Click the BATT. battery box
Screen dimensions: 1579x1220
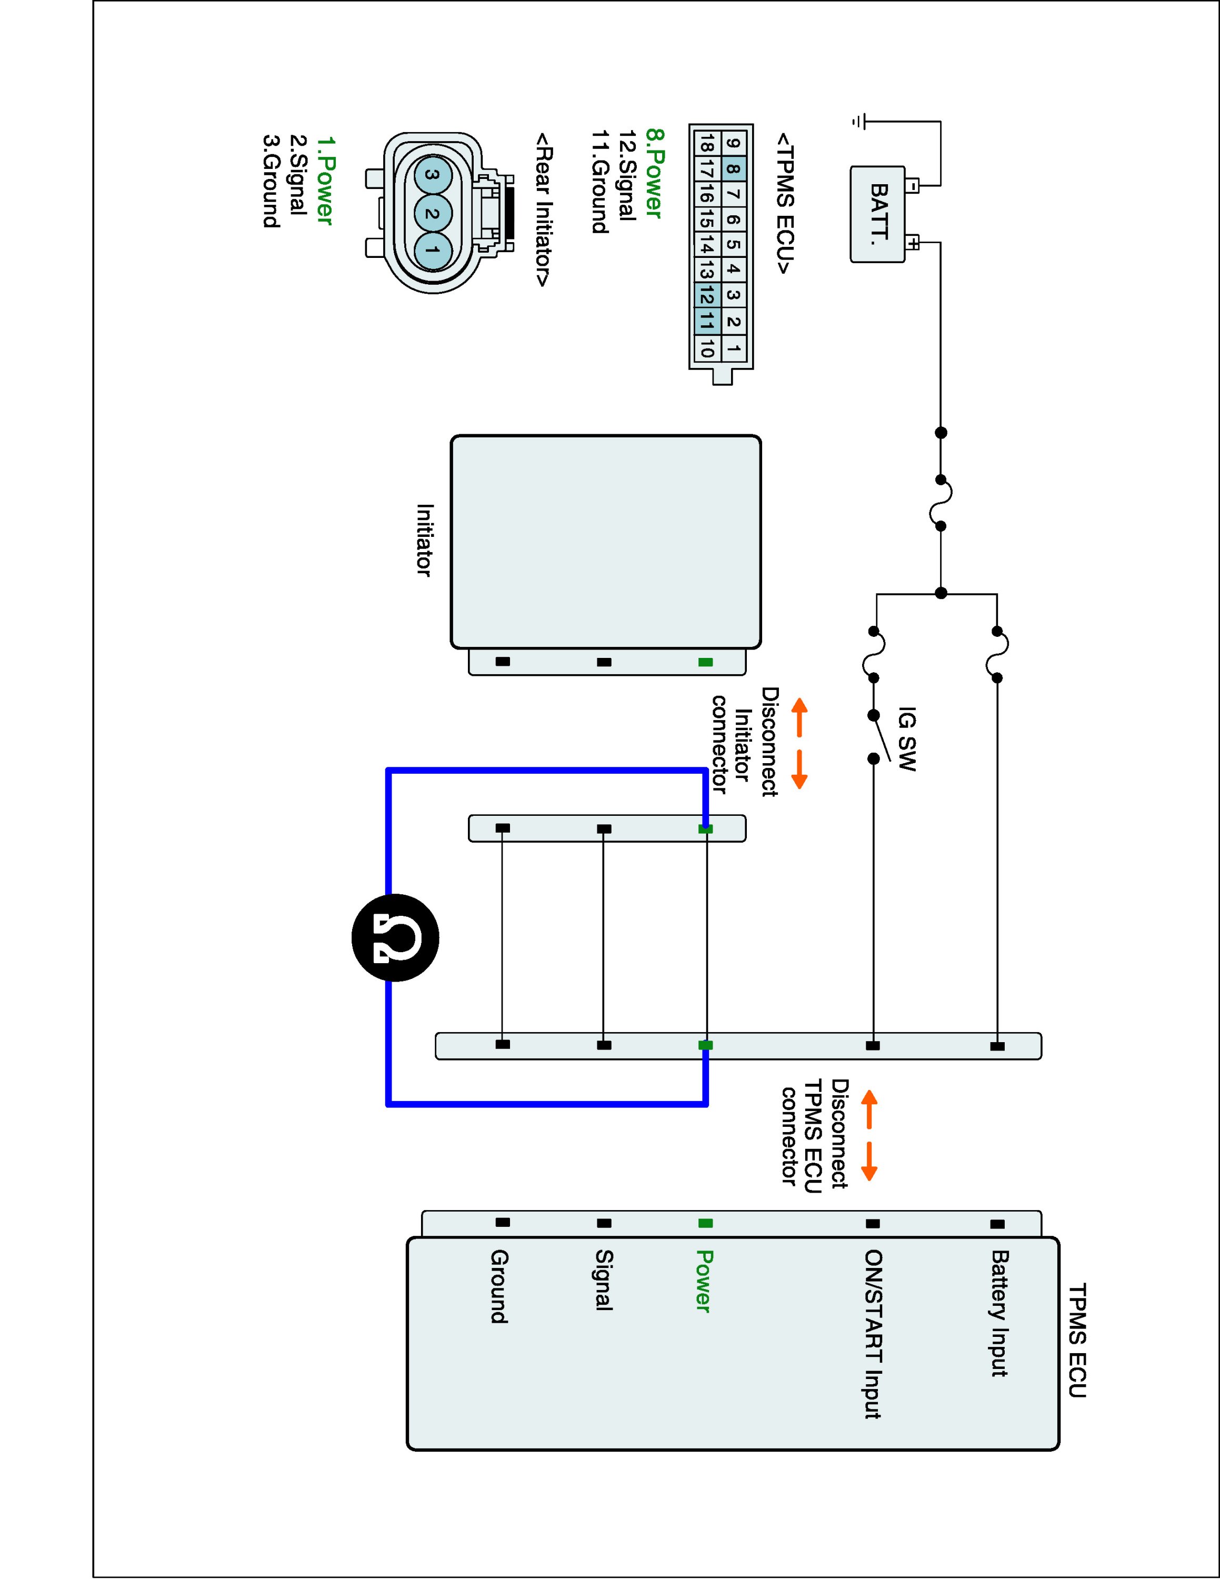click(878, 214)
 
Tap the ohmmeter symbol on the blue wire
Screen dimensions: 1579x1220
click(395, 938)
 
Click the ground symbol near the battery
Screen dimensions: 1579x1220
click(858, 122)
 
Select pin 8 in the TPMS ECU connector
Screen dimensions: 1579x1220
click(733, 171)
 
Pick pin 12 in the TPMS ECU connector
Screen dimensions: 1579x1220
click(707, 294)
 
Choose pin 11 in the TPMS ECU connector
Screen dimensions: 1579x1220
click(707, 321)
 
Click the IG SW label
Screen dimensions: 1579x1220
click(906, 739)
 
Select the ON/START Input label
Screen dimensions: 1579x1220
click(873, 1334)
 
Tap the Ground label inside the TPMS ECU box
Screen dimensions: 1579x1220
click(499, 1286)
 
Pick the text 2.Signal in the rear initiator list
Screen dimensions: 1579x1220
click(298, 175)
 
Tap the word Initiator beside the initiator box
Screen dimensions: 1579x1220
click(425, 540)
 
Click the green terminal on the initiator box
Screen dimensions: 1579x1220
click(705, 662)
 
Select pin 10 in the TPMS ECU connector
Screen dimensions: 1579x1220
click(707, 348)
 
